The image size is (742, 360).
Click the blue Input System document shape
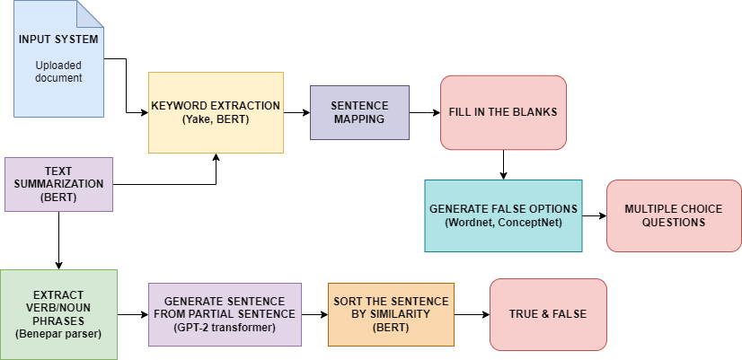click(58, 58)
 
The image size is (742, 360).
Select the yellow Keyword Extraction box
click(216, 112)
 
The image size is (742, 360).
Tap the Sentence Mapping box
click(359, 112)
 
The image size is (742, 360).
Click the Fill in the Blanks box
click(503, 112)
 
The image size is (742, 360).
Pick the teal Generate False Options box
click(503, 215)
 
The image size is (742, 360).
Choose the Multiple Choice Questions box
click(674, 215)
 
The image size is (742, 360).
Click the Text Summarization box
click(58, 185)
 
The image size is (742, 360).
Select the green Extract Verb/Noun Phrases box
click(58, 314)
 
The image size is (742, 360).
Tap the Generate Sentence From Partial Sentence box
click(225, 314)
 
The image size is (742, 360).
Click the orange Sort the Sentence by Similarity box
click(391, 314)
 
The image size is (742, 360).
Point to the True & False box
click(548, 314)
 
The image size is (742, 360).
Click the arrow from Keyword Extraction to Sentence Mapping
click(296, 112)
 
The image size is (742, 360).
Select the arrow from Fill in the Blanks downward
click(503, 164)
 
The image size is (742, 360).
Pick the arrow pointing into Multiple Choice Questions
click(595, 215)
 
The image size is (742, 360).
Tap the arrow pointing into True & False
click(472, 314)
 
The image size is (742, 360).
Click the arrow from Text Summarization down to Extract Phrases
click(58, 241)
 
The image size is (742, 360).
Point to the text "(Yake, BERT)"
click(216, 119)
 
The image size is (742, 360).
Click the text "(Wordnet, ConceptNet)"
click(503, 223)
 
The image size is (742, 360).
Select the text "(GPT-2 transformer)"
click(225, 328)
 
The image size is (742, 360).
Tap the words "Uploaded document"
click(58, 72)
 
